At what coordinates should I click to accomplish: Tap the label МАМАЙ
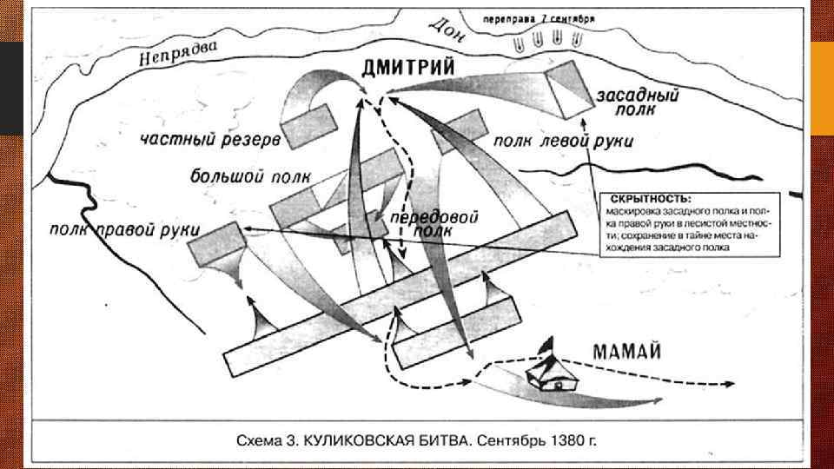pos(628,352)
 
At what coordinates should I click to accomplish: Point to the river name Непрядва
pos(179,56)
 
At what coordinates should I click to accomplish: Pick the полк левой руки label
pos(563,140)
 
